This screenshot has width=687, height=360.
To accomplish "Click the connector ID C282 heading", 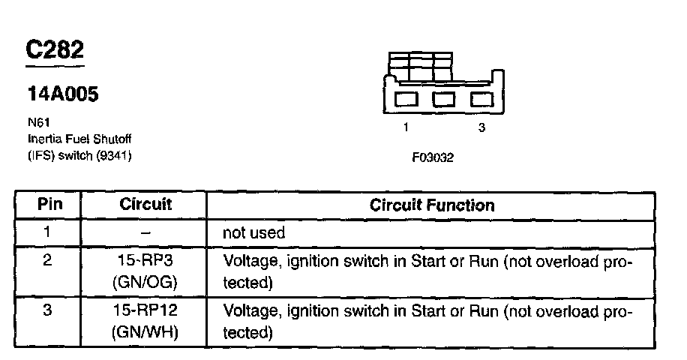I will click(x=55, y=51).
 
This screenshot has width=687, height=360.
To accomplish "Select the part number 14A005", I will click(x=63, y=95).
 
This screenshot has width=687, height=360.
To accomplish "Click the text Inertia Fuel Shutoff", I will click(x=73, y=139).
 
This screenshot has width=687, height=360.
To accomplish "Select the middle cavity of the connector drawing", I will click(x=445, y=99).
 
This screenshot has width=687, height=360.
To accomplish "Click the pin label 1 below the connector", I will click(x=406, y=127).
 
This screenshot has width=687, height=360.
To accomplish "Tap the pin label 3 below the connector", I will click(x=481, y=127).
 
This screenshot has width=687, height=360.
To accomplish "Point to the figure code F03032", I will click(x=433, y=158).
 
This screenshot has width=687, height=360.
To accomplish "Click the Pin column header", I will click(x=49, y=205).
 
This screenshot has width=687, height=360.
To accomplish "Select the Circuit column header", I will click(x=145, y=205).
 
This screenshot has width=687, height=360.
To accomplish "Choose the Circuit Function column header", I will click(x=432, y=205).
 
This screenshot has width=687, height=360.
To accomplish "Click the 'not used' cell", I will click(x=253, y=232).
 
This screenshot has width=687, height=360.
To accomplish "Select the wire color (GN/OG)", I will click(x=145, y=283).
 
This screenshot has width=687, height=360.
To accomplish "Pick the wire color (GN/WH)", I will click(x=145, y=331).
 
